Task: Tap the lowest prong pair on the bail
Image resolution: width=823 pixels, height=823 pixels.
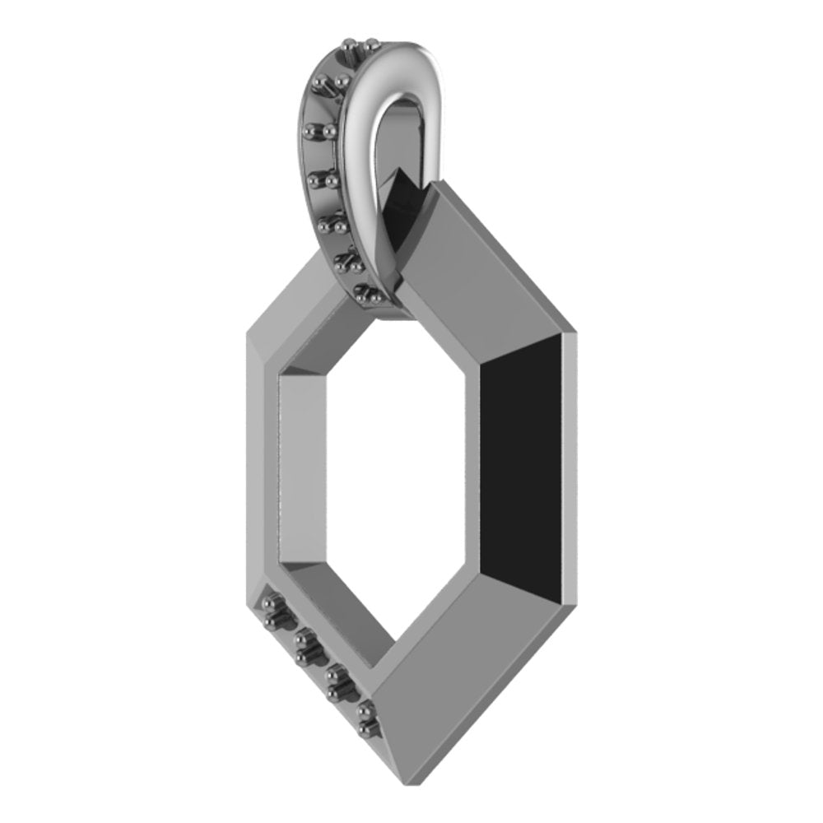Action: coord(363,291)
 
